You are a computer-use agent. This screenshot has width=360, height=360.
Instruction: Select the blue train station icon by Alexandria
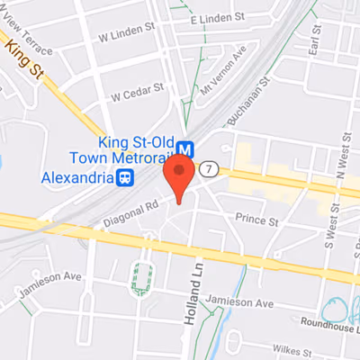pyautogui.click(x=126, y=177)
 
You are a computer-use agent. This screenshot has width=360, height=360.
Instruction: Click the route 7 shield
pyautogui.click(x=210, y=168)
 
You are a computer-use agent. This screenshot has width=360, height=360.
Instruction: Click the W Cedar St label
pyautogui.click(x=137, y=93)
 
